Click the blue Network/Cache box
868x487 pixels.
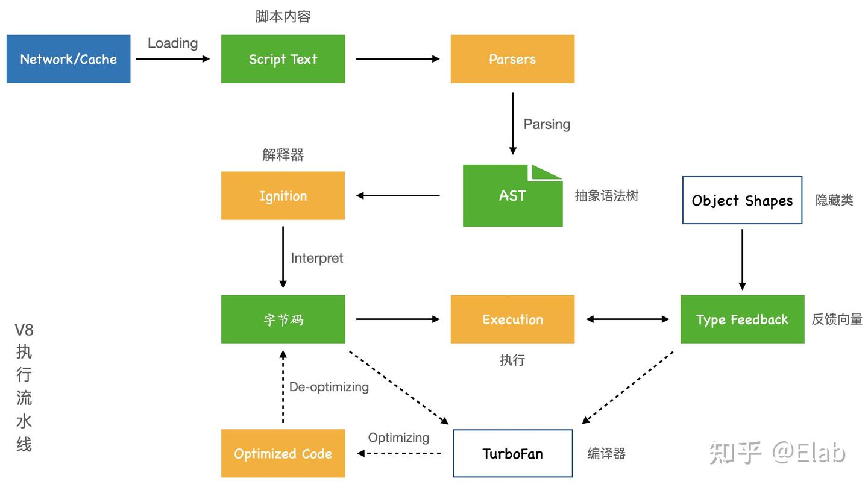[x=68, y=59]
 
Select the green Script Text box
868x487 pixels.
[x=283, y=59]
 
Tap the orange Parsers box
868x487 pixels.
[x=512, y=59]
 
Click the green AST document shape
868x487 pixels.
[x=512, y=196]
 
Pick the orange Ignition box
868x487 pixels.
[x=283, y=196]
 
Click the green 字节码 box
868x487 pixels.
[x=283, y=319]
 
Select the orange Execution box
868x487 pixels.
[x=512, y=319]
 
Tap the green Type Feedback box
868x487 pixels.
[x=742, y=319]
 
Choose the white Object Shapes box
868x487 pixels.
[x=742, y=200]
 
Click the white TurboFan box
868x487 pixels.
[x=512, y=454]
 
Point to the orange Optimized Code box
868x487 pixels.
[x=283, y=454]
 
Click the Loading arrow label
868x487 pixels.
[x=172, y=43]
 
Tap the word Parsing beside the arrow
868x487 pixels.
[x=546, y=124]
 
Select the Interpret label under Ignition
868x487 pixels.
[x=316, y=258]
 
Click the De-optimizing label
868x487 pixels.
[x=329, y=387]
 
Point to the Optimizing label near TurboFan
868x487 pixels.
[x=398, y=438]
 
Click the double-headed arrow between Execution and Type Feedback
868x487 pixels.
[x=627, y=319]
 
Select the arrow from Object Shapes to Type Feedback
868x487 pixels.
[x=742, y=259]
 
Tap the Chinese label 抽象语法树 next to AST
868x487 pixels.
[x=606, y=196]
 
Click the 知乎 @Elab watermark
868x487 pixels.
[x=777, y=453]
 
